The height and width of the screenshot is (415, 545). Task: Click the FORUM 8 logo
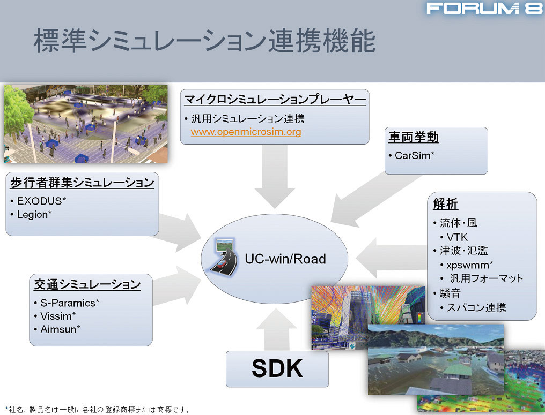pos(484,9)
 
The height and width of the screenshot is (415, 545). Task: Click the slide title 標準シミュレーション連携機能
pos(204,41)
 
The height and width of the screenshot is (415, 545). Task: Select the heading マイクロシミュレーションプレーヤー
pos(275,99)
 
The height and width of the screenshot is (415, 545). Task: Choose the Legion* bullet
pos(34,214)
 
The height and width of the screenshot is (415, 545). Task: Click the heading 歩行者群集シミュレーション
pos(82,183)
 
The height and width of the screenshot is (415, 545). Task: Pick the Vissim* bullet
pos(58,316)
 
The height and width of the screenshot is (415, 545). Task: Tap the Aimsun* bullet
pos(60,329)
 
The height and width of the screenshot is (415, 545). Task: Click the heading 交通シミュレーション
pos(87,284)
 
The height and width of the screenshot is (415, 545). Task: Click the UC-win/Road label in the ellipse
pos(285,259)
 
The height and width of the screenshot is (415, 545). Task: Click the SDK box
pos(277,368)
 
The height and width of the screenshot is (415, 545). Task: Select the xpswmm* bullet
pos(469,265)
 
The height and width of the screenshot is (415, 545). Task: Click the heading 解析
pos(445,204)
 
